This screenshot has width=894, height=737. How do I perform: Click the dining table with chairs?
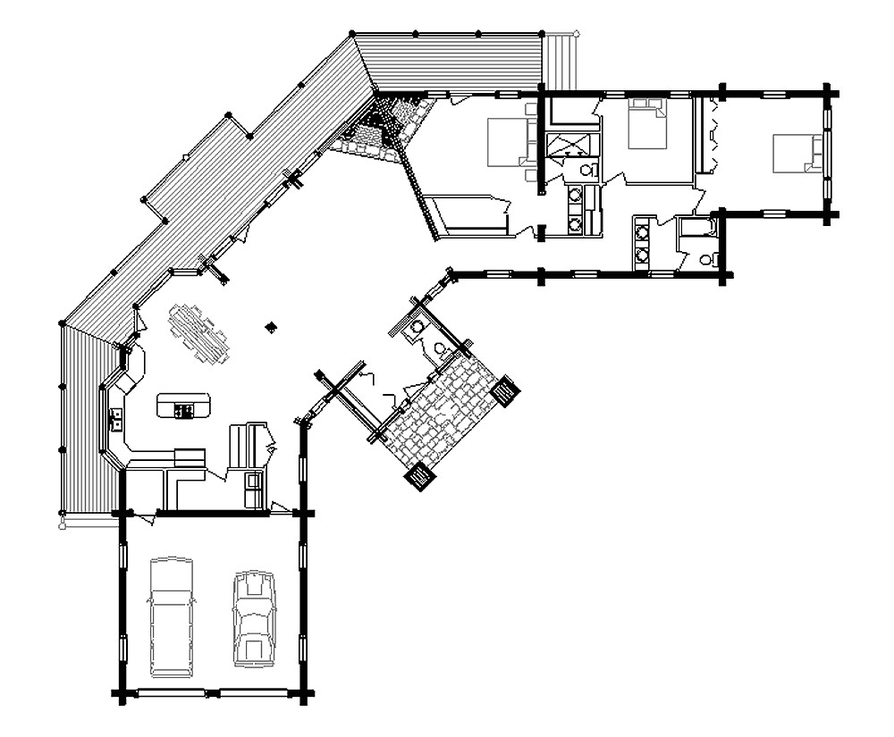click(x=198, y=331)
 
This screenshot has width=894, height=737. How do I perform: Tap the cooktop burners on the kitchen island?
click(x=185, y=410)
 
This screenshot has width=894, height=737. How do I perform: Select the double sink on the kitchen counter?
click(x=116, y=418)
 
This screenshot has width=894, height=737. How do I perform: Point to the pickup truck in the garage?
click(x=171, y=616)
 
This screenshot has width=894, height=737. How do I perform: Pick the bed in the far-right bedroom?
click(x=797, y=153)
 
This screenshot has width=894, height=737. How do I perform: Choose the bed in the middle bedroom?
click(x=648, y=124)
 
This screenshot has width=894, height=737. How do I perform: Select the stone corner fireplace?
click(x=384, y=130)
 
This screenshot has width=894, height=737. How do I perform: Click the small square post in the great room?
click(x=271, y=328)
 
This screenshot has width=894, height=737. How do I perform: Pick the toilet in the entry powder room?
click(x=440, y=348)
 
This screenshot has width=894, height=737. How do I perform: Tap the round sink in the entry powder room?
click(x=416, y=328)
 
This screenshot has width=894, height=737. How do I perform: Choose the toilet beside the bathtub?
click(x=707, y=259)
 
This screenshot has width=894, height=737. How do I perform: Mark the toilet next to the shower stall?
click(x=586, y=170)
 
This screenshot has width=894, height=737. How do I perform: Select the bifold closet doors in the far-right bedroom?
click(x=712, y=134)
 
